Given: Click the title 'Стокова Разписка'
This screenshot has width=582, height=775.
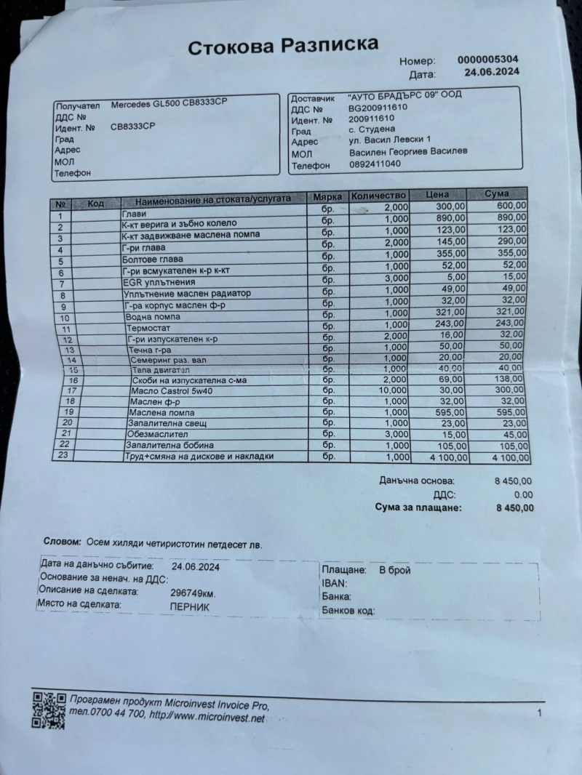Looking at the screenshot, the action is coord(283,47).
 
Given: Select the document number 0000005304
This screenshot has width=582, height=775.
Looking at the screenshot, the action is coord(488,60).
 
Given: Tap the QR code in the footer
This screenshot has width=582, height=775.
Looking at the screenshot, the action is coord(49,708).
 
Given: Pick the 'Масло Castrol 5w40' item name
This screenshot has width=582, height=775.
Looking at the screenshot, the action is coord(167,390).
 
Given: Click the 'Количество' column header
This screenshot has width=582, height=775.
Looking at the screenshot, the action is coord(378,196).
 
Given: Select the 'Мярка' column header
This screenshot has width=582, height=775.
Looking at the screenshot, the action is coord(327,197).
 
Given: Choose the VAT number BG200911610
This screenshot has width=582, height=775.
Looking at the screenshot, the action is coord(378,107).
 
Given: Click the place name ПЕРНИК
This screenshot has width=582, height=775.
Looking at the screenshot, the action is coord(189,605).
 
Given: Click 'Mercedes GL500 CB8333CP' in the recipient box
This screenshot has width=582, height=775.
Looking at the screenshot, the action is coord(169,105).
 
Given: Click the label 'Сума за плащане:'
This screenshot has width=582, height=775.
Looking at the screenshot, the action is coord(418,507).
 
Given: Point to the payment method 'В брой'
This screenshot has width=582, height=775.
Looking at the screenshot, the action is coord(394,571).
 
